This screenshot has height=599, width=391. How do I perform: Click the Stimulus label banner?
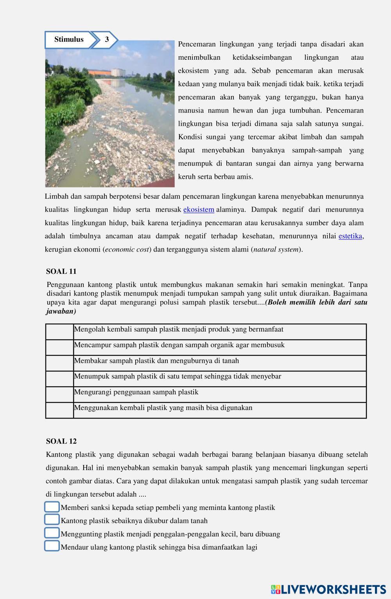(x=69, y=39)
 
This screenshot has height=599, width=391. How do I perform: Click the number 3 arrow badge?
(x=106, y=39)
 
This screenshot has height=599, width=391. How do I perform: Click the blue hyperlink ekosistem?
(x=199, y=210)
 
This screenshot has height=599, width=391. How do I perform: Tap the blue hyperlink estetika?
(x=350, y=236)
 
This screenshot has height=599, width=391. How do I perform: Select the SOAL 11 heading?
(x=61, y=271)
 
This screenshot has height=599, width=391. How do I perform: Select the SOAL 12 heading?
(x=61, y=441)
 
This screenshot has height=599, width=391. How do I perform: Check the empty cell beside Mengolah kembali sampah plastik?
(x=59, y=332)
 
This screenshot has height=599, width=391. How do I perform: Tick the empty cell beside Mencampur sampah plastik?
(x=59, y=348)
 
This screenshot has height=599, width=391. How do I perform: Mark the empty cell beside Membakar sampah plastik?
(x=59, y=363)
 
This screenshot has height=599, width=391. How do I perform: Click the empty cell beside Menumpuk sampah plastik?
(x=59, y=379)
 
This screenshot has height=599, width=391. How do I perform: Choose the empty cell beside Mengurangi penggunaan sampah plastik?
(x=59, y=394)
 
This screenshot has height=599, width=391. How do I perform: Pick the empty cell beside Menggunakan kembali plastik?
(x=59, y=410)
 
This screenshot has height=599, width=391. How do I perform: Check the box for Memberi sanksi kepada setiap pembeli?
(x=52, y=507)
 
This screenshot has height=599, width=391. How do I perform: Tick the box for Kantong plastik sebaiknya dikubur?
(x=52, y=520)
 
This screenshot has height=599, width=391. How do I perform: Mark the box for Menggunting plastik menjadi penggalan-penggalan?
(x=52, y=533)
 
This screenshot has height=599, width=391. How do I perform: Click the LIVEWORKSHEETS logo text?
(x=333, y=589)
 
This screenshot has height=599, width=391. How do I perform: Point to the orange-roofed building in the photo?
(x=99, y=72)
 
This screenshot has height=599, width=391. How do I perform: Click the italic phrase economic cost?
(x=127, y=250)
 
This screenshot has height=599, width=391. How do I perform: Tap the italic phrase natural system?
(x=276, y=250)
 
